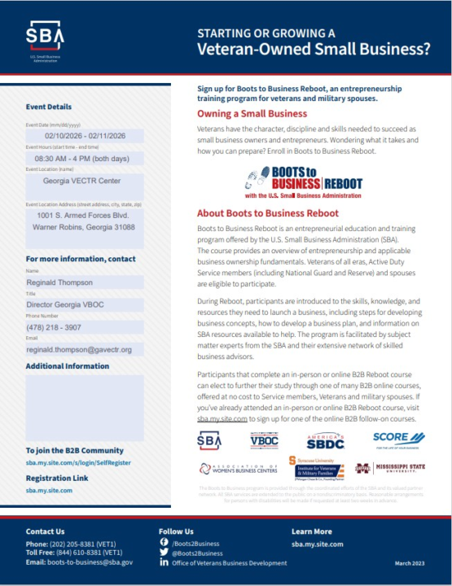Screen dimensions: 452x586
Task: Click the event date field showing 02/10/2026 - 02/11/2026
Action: [85, 136]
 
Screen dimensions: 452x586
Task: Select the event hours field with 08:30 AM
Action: [85, 159]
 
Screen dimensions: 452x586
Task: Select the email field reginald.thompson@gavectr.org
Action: [85, 349]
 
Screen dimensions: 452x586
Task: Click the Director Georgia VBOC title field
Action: [85, 304]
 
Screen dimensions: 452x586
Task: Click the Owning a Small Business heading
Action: [252, 114]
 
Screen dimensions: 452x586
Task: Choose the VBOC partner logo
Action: [264, 440]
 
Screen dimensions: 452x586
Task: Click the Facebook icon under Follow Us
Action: [164, 542]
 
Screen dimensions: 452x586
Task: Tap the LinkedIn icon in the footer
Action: [164, 563]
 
